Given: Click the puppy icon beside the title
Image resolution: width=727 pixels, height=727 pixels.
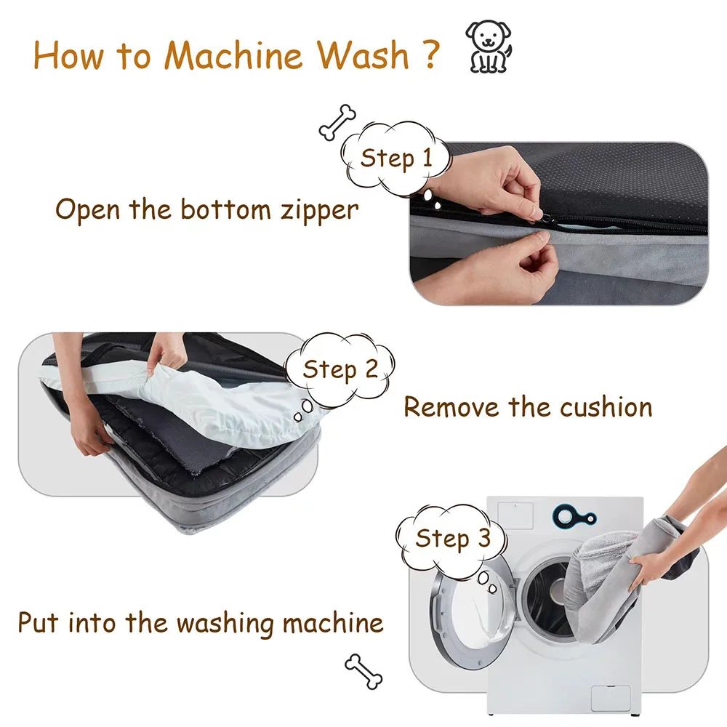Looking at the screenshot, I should (488, 47).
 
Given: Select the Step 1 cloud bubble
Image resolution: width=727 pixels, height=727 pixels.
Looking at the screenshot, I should (395, 158).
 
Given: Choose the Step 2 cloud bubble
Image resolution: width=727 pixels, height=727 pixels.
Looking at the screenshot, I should (340, 369).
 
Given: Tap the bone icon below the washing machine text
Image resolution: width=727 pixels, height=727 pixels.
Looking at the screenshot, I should (363, 670).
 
